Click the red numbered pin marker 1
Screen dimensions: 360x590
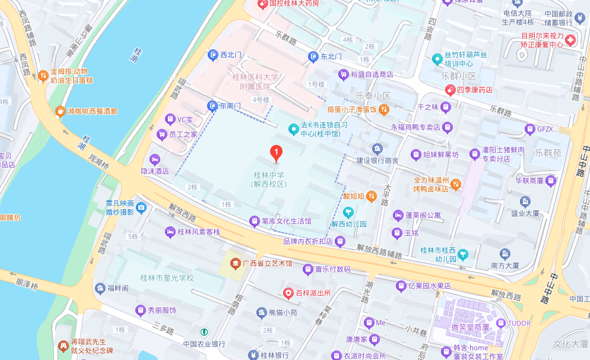276,153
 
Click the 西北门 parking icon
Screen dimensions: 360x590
213,55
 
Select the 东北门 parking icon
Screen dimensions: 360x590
313,57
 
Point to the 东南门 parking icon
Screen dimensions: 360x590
212,106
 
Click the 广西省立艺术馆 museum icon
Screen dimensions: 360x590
236,263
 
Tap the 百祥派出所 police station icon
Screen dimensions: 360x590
288,293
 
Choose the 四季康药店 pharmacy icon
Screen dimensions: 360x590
451,90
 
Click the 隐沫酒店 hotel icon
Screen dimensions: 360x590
155,160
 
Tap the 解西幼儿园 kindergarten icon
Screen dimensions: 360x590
348,211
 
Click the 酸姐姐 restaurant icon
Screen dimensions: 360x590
371,195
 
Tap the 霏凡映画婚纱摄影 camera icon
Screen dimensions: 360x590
141,207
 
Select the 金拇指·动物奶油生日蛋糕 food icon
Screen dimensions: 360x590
43,75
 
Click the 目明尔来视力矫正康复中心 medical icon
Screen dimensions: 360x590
570,40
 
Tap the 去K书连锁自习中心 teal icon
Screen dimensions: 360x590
293,128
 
